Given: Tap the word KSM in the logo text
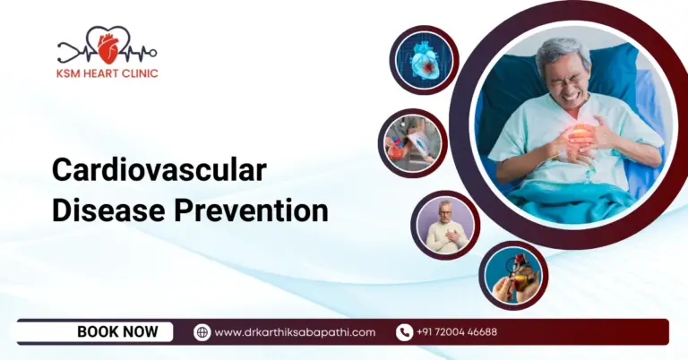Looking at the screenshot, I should click(69, 73).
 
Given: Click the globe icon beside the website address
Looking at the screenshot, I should click(202, 332).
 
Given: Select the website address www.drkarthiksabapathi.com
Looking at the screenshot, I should click(295, 332).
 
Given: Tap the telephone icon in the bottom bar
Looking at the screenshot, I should click(404, 332).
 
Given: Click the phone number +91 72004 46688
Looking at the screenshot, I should click(456, 332).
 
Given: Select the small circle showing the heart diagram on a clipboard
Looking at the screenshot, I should click(412, 143).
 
